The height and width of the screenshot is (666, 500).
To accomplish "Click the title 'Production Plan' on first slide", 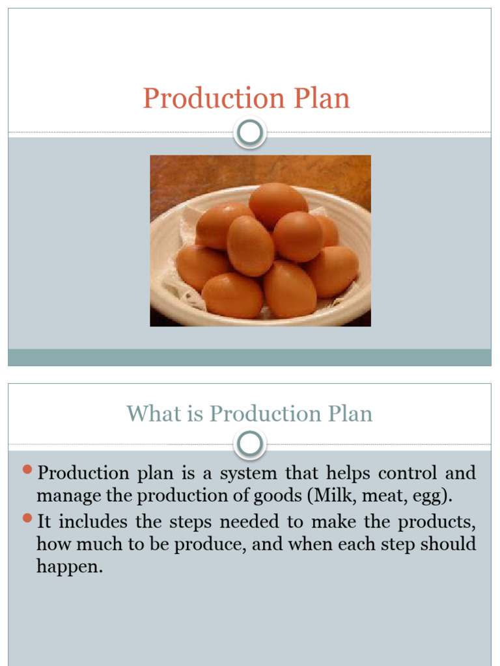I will (246, 99).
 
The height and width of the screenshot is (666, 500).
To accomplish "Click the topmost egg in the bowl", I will (278, 204).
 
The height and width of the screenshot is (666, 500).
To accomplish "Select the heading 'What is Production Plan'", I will (249, 414).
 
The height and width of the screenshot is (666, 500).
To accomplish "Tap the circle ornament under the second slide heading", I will (250, 444).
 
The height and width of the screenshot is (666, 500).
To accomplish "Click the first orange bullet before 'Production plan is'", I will (27, 469).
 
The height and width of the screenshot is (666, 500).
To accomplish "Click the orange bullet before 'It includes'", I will (27, 518).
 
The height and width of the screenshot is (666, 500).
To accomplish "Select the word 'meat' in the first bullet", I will (382, 496).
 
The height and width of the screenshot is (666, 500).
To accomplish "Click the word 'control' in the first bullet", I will (408, 473).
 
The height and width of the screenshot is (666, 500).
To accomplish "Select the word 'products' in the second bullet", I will (436, 522).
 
